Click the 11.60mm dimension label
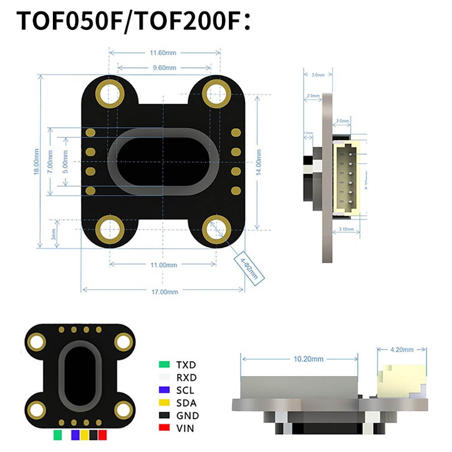pyautogui.click(x=163, y=53)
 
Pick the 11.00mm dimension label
pyautogui.click(x=163, y=265)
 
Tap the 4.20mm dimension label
pyautogui.click(x=401, y=349)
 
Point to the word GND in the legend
pyautogui.click(x=188, y=415)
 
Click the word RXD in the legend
pyautogui.click(x=187, y=377)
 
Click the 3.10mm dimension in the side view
pyautogui.click(x=347, y=230)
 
